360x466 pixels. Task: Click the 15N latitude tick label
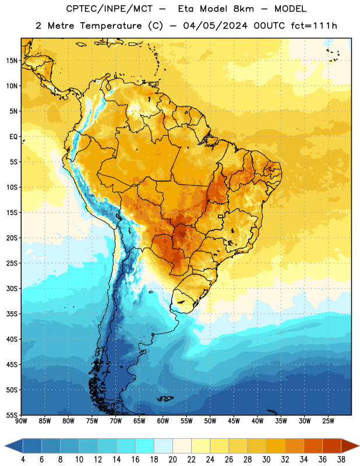[x=12, y=61]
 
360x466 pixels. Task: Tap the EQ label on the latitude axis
[x=13, y=137]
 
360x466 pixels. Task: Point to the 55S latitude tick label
[x=12, y=415]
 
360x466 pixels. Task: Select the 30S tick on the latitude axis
[x=12, y=288]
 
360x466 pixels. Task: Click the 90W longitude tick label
[x=21, y=421]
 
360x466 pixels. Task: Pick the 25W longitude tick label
[x=328, y=421]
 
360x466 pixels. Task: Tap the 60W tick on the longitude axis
[x=163, y=421]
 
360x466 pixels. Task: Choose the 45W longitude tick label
[x=234, y=421]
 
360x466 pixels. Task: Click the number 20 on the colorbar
[x=172, y=460]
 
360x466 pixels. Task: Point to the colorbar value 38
[x=341, y=460]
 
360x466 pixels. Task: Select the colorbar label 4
[x=23, y=460]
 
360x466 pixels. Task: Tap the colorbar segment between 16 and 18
[x=145, y=446]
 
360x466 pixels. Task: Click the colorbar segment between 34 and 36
[x=313, y=446]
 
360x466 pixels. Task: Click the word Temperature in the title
[x=111, y=26]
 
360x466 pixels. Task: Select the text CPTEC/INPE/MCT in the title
[x=110, y=9]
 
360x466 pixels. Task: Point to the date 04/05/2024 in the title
[x=215, y=26]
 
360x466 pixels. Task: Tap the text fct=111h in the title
[x=314, y=26]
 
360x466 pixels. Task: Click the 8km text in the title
[x=243, y=9]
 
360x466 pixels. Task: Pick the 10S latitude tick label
[x=12, y=187]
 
